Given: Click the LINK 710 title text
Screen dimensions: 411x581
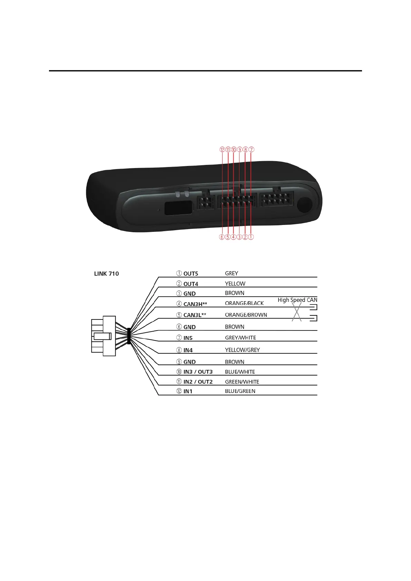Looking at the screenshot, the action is point(106,274).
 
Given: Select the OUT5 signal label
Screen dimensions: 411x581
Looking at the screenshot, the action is point(190,274).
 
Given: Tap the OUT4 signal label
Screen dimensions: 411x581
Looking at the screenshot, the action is point(190,284).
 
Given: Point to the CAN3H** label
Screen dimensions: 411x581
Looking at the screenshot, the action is point(195,304).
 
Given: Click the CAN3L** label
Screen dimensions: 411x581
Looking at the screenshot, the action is point(195,315).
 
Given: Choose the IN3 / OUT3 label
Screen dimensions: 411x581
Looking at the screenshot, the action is point(198,372).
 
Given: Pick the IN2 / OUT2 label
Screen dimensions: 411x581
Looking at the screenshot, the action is point(198,382).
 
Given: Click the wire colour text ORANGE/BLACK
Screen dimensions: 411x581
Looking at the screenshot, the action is point(244,303).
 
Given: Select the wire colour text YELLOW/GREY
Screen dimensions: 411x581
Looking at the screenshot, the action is point(242,350).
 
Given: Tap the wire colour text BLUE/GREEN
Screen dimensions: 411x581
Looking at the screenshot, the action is point(240,391).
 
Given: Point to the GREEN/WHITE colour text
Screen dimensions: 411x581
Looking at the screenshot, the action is point(242,382).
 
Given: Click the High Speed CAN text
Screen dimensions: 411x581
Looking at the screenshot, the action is point(297,300).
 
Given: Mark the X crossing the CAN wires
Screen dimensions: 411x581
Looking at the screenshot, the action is point(297,313).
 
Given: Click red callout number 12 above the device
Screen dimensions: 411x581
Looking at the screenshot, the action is point(222,150).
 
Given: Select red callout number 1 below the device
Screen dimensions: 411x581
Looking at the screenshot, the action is point(251,237).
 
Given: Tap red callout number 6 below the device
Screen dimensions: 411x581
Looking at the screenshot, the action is point(222,237).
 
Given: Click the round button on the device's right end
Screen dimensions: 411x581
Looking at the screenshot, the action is point(305,205).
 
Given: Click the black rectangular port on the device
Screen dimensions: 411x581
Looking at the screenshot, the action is point(178,208).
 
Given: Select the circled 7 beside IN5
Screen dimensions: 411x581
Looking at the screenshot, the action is point(179,338).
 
